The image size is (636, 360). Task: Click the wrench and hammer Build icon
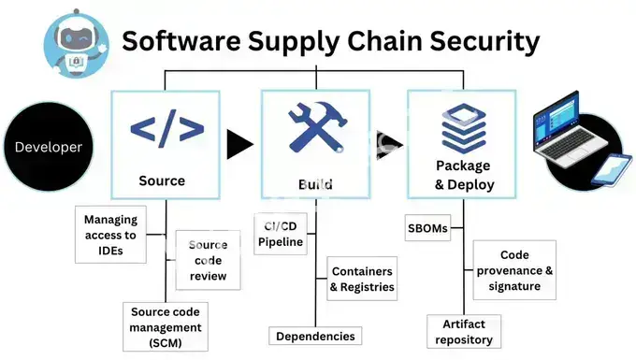pos(316,128)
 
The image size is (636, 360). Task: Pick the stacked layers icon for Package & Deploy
pos(464,129)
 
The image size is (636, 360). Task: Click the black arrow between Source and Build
pos(240,144)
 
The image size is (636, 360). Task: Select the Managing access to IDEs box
pos(110,235)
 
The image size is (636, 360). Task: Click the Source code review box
pos(208,261)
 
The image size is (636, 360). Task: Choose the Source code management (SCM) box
pos(166,327)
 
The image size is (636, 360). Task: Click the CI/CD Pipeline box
pos(282,234)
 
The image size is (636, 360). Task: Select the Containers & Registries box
pos(362,280)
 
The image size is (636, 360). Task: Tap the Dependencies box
pos(315,336)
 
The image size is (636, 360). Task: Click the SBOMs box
pos(427,228)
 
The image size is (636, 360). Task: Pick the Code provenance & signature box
pos(514,270)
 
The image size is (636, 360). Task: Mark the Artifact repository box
pos(464,331)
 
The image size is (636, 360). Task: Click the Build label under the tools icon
pos(315,184)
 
